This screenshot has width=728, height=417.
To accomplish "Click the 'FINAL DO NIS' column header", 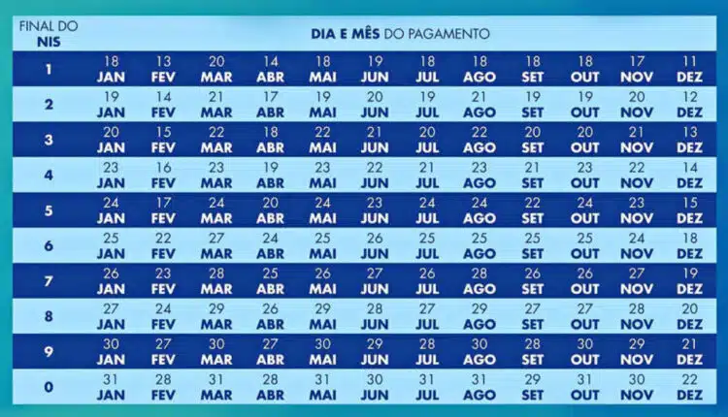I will pos(49,32).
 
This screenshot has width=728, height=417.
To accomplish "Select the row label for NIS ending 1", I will pos(49,69).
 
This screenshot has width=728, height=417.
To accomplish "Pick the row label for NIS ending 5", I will pos(49,210).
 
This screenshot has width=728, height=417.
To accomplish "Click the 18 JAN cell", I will pos(111,69).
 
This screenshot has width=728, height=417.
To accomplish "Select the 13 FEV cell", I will pos(163,69).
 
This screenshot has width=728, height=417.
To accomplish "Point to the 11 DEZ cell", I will pos(689,69).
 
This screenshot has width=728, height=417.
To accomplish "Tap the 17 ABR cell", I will pos(270,104).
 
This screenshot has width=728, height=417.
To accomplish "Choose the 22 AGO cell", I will pos(480,140).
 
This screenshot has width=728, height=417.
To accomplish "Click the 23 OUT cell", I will pos(584,175).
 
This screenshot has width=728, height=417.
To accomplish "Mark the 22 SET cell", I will pos(532,210).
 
